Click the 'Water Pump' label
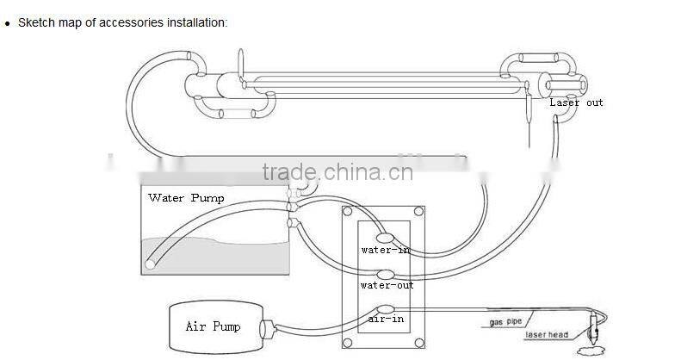tap(186, 198)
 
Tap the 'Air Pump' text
tap(213, 326)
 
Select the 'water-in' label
tap(387, 250)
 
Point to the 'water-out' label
tap(387, 285)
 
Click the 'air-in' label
tap(385, 319)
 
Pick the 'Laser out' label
tap(577, 102)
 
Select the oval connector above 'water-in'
tap(385, 235)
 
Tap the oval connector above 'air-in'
tap(385, 307)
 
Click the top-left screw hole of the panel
tap(347, 211)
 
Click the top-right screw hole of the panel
tap(418, 211)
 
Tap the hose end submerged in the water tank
tap(151, 264)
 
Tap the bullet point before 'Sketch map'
tap(7, 23)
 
